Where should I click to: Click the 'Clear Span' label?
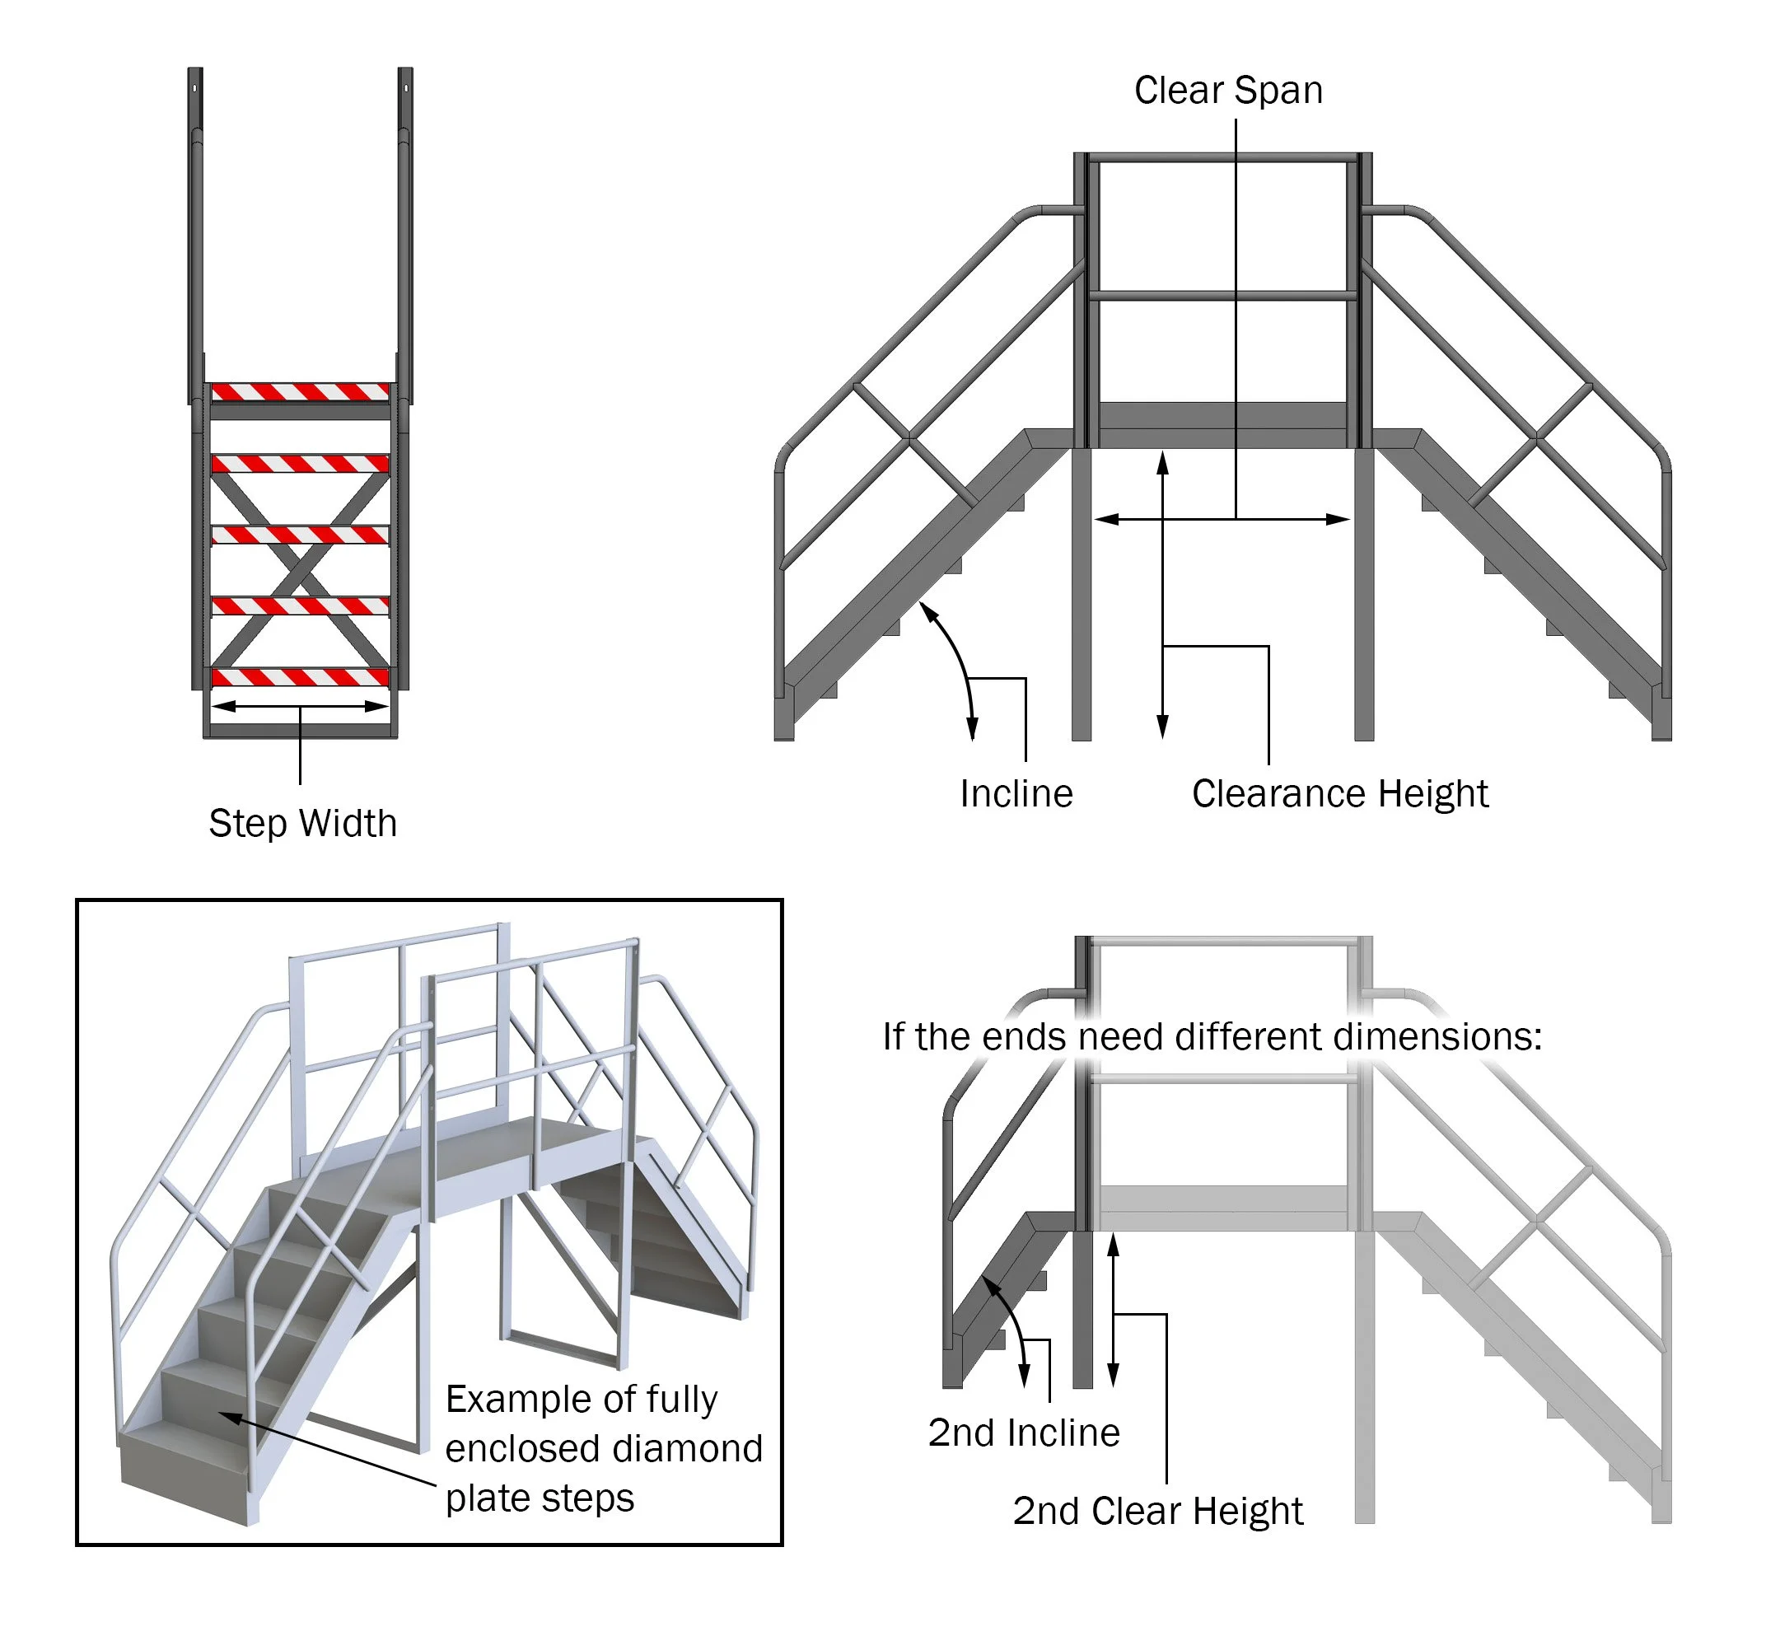[x=1228, y=91]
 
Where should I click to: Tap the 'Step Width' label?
[x=301, y=823]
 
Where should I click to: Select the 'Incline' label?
[x=1016, y=793]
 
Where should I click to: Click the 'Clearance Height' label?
[x=1339, y=793]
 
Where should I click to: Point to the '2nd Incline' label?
[x=1023, y=1433]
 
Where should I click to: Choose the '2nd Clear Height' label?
[x=1157, y=1510]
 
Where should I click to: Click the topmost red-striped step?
[x=300, y=391]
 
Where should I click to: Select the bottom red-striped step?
[x=300, y=678]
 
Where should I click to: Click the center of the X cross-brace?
[x=300, y=571]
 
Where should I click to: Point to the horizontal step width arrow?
[x=300, y=707]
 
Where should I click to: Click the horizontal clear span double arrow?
[x=1222, y=520]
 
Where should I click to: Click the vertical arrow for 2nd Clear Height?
[x=1113, y=1311]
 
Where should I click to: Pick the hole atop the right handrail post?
[x=406, y=88]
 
